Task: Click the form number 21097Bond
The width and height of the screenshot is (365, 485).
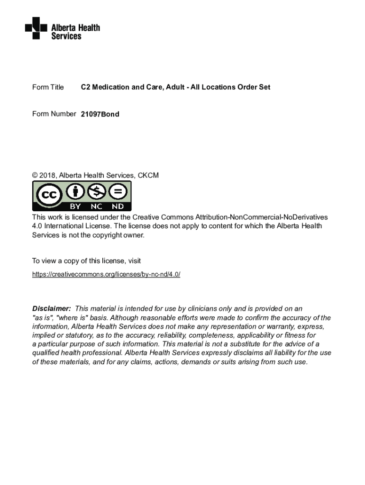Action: pos(100,114)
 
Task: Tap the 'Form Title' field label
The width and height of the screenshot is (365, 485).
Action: pos(48,87)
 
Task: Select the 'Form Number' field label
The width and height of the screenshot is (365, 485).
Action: pos(54,114)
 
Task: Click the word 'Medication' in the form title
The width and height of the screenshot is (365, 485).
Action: pos(110,87)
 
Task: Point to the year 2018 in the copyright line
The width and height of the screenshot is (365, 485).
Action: pos(47,176)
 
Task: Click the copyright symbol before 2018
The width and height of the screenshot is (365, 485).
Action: pos(35,176)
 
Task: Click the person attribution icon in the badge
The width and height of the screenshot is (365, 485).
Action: pos(75,192)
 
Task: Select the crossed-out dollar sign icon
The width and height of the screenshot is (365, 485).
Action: pos(96,192)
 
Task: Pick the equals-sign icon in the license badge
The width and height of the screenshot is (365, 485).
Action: pos(118,192)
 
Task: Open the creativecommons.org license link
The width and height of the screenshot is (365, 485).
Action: pos(106,274)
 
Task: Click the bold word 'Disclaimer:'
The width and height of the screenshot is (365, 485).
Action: pos(51,309)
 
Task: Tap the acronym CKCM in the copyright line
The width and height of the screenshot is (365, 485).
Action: pos(148,176)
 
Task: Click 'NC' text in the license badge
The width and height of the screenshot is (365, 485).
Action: pos(96,207)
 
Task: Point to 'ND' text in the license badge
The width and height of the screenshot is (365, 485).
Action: pos(118,207)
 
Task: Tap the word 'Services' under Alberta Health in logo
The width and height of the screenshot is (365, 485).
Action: pos(66,36)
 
